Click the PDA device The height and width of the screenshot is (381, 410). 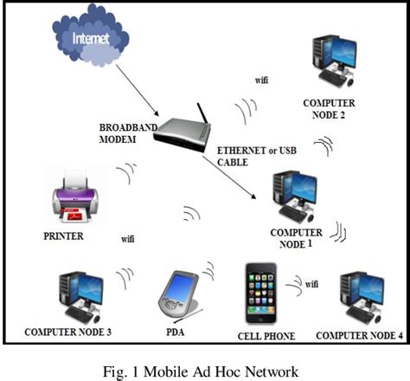click(179, 293)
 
